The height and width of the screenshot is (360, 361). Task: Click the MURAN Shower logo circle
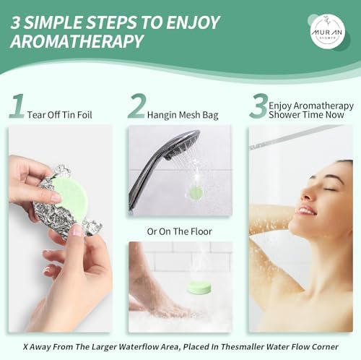pyautogui.click(x=328, y=31)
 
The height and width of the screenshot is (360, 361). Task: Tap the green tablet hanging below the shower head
pyautogui.click(x=195, y=192)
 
